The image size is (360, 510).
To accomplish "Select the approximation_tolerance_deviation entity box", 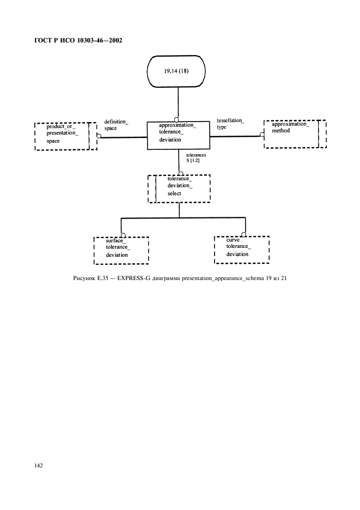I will [x=178, y=135].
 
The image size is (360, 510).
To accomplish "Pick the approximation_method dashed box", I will [x=295, y=133].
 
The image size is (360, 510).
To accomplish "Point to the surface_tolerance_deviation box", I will [x=121, y=250].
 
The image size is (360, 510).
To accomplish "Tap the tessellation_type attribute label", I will [x=230, y=123].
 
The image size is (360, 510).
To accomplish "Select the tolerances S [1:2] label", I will [x=196, y=158].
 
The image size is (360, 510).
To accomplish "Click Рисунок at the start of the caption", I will [x=84, y=279].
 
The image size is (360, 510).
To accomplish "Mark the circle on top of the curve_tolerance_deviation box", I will [x=244, y=235].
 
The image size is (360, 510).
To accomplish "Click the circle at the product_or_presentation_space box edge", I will [x=99, y=136].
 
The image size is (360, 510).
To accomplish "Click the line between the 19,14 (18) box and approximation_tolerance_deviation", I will [x=178, y=104].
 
